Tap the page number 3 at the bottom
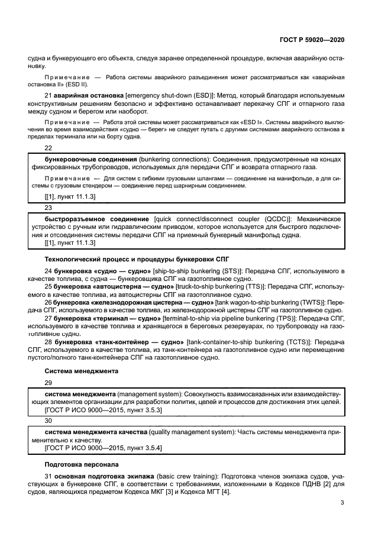[x=342, y=503]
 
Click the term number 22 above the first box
[x=49, y=148]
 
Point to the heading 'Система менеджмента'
[x=82, y=371]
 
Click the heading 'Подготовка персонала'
[x=82, y=464]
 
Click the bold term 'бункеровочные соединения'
[x=91, y=160]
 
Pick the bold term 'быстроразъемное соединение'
[x=97, y=219]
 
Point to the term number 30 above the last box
[x=49, y=421]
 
